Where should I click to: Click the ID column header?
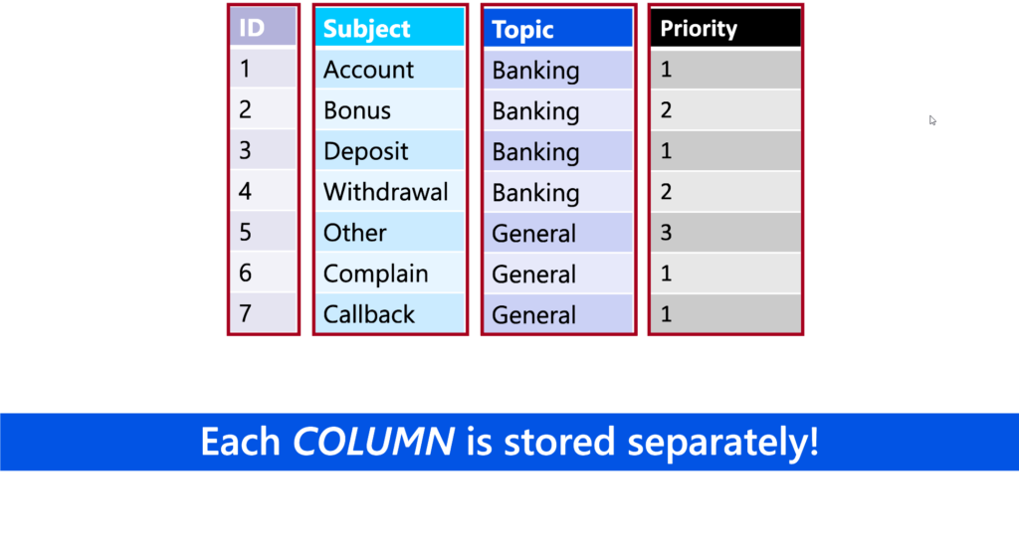tap(263, 27)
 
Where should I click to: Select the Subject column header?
tap(390, 28)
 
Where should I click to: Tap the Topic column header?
tap(558, 29)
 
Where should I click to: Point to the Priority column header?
tap(725, 28)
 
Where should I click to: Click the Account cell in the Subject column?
tap(390, 69)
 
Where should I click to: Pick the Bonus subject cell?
tap(390, 109)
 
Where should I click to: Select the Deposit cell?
tap(390, 151)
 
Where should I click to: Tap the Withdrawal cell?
tap(390, 192)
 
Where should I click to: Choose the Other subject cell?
tap(390, 232)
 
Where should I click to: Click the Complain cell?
tap(390, 273)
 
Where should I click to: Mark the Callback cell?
tap(390, 314)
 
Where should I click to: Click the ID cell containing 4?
tap(263, 191)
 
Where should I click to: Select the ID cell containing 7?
tap(263, 313)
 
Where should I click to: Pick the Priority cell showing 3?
tap(725, 232)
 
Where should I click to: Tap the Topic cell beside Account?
tap(558, 70)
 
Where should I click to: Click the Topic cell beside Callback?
tap(558, 314)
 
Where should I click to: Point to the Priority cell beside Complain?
tap(725, 273)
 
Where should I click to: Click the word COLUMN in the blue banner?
tap(373, 442)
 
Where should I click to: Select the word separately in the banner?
tap(722, 443)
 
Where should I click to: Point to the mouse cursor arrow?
tap(932, 120)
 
